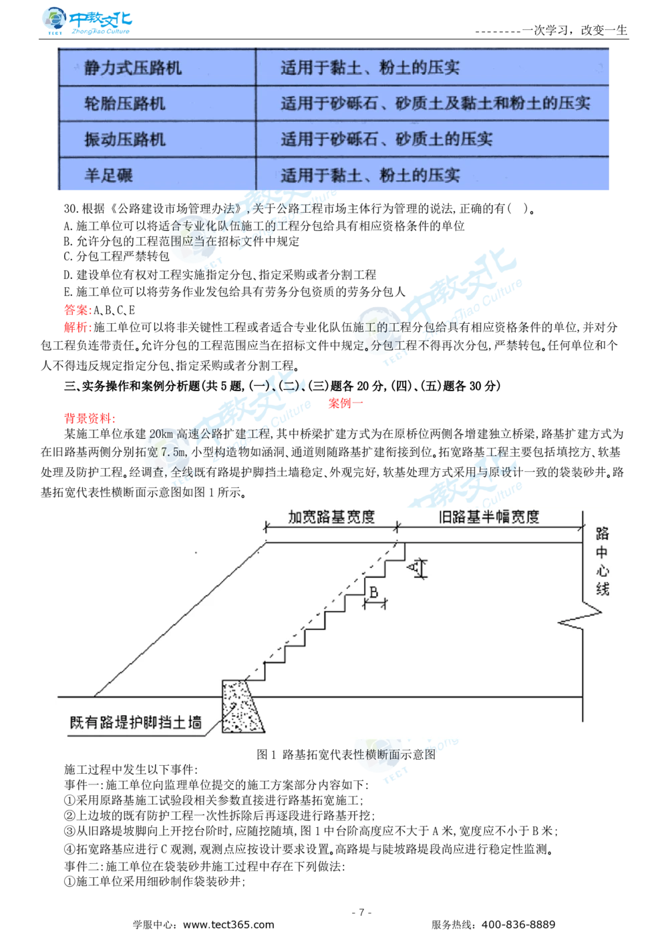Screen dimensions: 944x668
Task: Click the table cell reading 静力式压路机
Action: click(x=133, y=68)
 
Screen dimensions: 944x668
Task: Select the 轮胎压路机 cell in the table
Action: click(x=125, y=103)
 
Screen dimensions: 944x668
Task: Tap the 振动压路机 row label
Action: click(x=125, y=140)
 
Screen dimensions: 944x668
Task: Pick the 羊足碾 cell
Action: click(x=109, y=176)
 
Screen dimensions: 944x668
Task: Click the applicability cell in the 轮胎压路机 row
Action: click(x=435, y=103)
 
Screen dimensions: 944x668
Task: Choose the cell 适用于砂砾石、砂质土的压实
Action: click(x=386, y=140)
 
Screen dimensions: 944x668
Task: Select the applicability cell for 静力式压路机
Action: click(x=369, y=68)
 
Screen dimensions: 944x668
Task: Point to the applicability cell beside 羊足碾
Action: click(x=369, y=176)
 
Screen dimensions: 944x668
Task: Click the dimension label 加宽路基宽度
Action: click(x=331, y=517)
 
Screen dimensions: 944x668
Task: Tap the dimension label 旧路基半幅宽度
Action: click(x=489, y=517)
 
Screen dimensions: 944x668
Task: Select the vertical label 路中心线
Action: click(x=603, y=561)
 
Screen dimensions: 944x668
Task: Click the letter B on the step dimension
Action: click(x=374, y=592)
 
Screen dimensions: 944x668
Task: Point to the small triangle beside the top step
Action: click(x=416, y=568)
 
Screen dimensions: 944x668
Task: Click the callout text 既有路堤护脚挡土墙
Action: click(x=136, y=722)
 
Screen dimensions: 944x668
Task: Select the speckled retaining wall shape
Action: click(x=242, y=706)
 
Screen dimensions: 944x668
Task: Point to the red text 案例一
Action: click(x=345, y=403)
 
